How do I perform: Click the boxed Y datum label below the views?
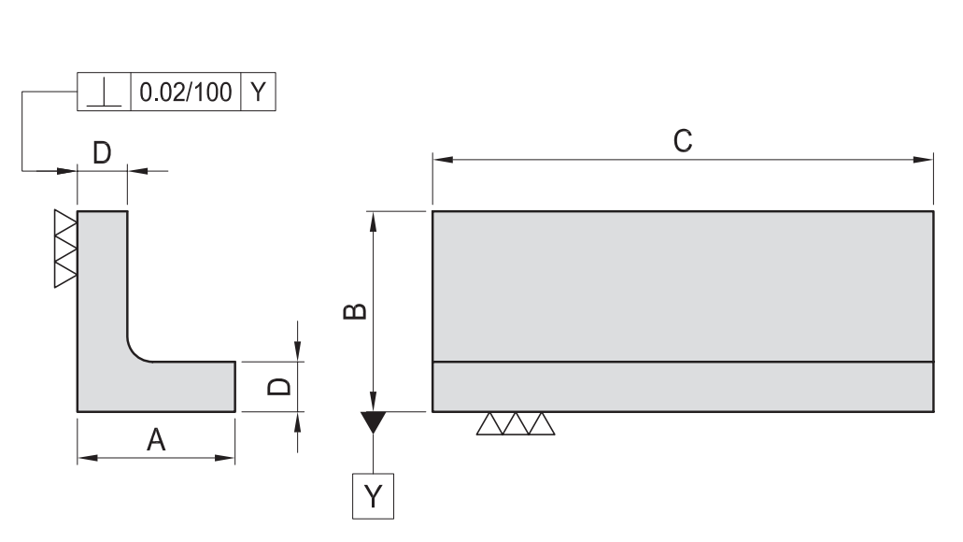[373, 495]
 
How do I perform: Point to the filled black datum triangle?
[373, 421]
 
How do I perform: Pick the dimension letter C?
[683, 141]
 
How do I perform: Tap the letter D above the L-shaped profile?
[102, 153]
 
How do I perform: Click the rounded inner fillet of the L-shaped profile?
[135, 351]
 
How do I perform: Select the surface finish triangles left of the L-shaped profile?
[65, 249]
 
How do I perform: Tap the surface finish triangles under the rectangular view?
[515, 424]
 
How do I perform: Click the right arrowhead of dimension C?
[924, 160]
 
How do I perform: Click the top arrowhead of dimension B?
[373, 221]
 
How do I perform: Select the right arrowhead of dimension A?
[225, 458]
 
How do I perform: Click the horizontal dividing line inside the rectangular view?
[683, 362]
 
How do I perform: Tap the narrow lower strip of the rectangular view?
[683, 386]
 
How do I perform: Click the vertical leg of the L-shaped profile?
[102, 280]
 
